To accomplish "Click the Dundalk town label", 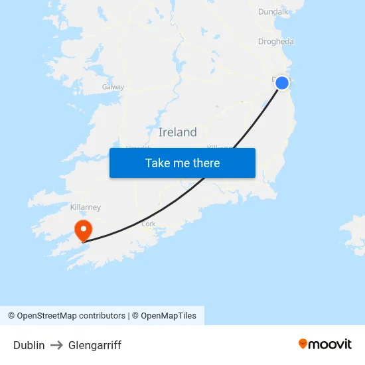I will (x=273, y=11).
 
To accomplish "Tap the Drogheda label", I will (x=275, y=42).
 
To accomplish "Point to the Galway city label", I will (x=113, y=87).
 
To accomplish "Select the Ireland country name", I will (x=177, y=132).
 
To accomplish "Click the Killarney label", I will (x=85, y=207).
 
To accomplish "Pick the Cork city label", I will (x=149, y=224).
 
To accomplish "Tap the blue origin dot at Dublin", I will (x=282, y=83).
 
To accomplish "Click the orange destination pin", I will (x=84, y=231).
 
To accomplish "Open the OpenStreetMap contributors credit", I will (x=71, y=316).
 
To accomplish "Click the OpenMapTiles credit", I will (x=169, y=316).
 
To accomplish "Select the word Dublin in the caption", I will (x=29, y=345).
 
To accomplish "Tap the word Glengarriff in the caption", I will (x=95, y=345).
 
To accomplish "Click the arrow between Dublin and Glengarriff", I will (x=56, y=345).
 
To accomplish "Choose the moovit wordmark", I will (x=330, y=344).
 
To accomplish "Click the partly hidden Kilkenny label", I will (x=219, y=147).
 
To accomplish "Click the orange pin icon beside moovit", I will (x=303, y=344).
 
